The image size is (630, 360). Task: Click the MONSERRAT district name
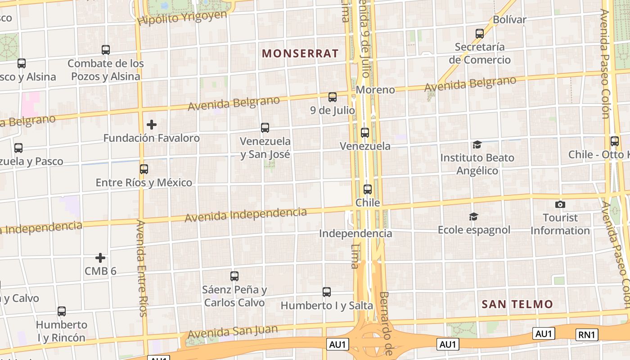[300, 54]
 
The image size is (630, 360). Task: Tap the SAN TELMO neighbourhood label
[517, 304]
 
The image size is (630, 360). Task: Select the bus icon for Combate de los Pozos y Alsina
[106, 50]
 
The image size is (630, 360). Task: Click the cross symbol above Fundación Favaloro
[152, 125]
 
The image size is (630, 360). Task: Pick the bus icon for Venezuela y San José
[265, 128]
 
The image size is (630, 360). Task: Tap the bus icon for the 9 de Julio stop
[333, 97]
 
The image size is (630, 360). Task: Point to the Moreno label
[375, 90]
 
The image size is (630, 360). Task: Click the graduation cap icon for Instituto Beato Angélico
[477, 144]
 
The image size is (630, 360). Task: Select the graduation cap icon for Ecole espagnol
[473, 217]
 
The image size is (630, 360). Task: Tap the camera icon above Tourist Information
[560, 204]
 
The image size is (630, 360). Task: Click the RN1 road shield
[587, 334]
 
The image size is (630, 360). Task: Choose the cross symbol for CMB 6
[100, 258]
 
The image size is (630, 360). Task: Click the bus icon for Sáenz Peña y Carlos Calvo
[234, 276]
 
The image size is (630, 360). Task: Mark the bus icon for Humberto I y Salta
[327, 292]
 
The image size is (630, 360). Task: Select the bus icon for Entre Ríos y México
[144, 169]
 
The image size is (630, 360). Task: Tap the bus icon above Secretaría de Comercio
[480, 34]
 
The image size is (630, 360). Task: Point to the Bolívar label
[509, 20]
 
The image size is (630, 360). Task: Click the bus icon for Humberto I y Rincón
[62, 311]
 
